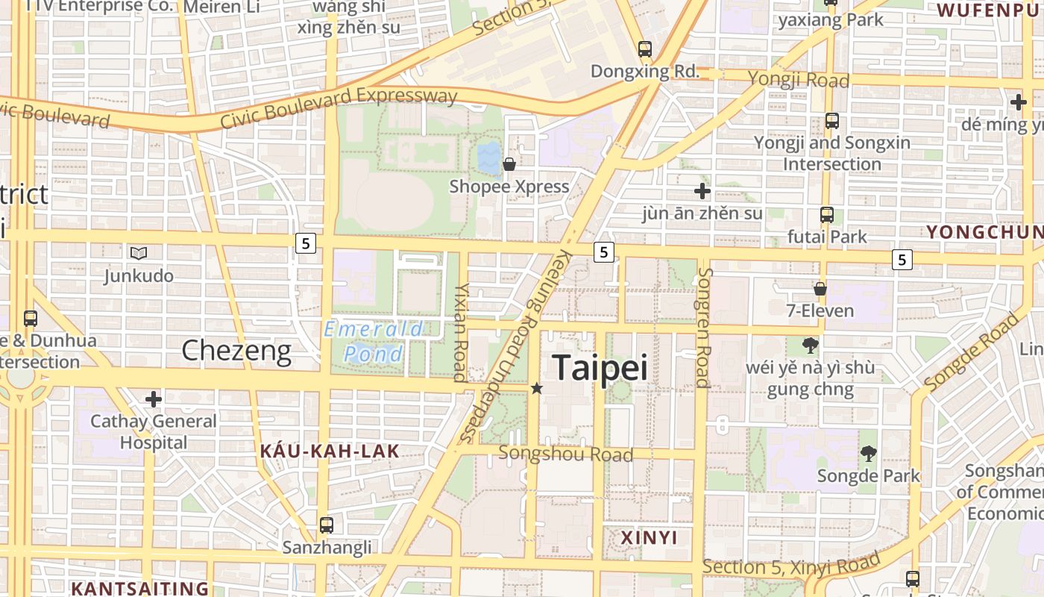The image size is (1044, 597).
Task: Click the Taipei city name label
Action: tap(600, 368)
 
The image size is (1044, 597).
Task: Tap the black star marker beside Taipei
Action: tap(537, 388)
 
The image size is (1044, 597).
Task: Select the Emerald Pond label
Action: tap(374, 341)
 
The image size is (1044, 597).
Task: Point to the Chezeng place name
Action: tap(236, 350)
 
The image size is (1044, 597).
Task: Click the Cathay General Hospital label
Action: tap(154, 431)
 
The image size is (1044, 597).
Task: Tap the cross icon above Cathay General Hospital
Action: tap(154, 399)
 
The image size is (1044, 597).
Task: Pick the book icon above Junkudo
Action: tap(138, 254)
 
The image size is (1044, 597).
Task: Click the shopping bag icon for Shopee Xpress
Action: tap(509, 164)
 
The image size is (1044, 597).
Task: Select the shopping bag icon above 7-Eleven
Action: tap(820, 289)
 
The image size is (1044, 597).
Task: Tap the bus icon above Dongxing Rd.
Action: tap(645, 49)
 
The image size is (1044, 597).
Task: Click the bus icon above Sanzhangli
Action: tap(327, 525)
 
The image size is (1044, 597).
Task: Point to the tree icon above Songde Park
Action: tap(868, 453)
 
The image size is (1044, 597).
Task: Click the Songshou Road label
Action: tap(566, 454)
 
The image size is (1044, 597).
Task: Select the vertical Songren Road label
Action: tap(702, 328)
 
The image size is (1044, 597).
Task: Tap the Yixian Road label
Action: tap(461, 331)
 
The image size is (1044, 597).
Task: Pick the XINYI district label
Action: tap(649, 537)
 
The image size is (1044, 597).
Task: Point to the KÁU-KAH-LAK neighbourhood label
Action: tap(330, 451)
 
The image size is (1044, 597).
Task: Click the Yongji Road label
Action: tap(798, 79)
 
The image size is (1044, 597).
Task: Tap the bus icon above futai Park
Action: tap(826, 215)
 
